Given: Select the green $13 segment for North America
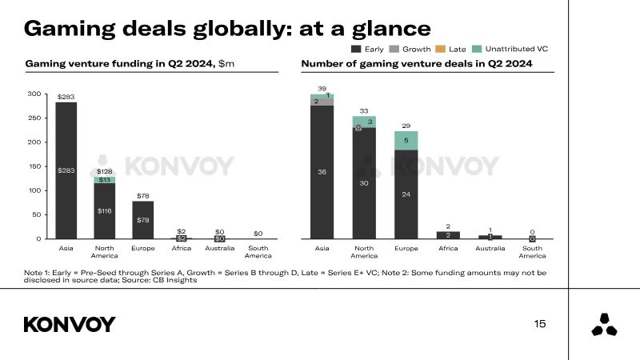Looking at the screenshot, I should point(104,180).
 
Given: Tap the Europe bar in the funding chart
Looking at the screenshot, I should point(142,219).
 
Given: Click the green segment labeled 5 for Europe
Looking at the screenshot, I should point(406,140).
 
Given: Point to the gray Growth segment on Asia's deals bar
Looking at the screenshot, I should point(322,102).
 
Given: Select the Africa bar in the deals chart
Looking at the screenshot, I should point(448,234).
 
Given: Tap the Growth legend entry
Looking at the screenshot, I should point(407,49).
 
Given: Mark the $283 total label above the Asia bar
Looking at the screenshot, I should point(66,97).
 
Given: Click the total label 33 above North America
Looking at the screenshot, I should point(364,111).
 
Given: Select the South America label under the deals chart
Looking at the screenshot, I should point(532,252).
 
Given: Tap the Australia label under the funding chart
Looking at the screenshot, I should point(219,248).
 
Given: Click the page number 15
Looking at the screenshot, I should point(540,324).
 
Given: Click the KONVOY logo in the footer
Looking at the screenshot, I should point(70,324).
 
